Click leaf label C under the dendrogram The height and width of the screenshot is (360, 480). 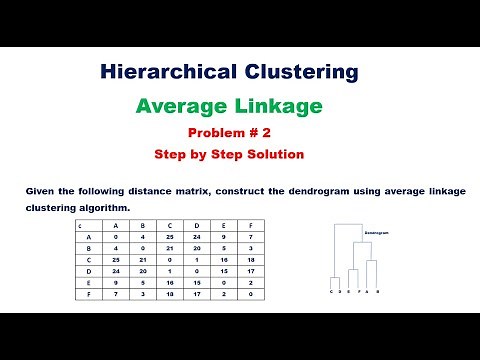331,292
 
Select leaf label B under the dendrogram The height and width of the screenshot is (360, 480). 377,292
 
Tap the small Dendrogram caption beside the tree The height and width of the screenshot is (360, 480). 377,232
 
